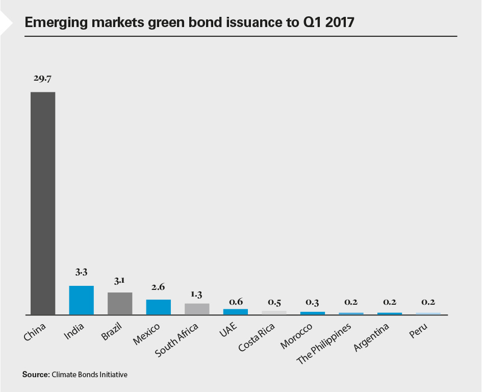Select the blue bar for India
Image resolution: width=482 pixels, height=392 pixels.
pos(82,300)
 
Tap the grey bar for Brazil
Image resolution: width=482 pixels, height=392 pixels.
pos(120,304)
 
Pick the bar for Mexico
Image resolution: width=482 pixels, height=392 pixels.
pos(159,307)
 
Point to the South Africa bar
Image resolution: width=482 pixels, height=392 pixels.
pos(197,309)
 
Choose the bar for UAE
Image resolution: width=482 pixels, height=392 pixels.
pos(236,312)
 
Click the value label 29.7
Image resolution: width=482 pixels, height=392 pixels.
pos(43,79)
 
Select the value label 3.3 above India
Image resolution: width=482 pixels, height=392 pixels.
pos(82,273)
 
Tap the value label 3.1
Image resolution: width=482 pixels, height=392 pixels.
pos(120,280)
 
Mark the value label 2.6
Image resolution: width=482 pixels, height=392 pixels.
pos(159,287)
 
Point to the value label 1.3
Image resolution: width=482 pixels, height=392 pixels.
pos(197,294)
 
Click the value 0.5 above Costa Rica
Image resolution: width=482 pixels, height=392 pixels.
pos(274,302)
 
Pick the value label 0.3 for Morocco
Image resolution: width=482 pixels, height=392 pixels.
pos(313,302)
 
